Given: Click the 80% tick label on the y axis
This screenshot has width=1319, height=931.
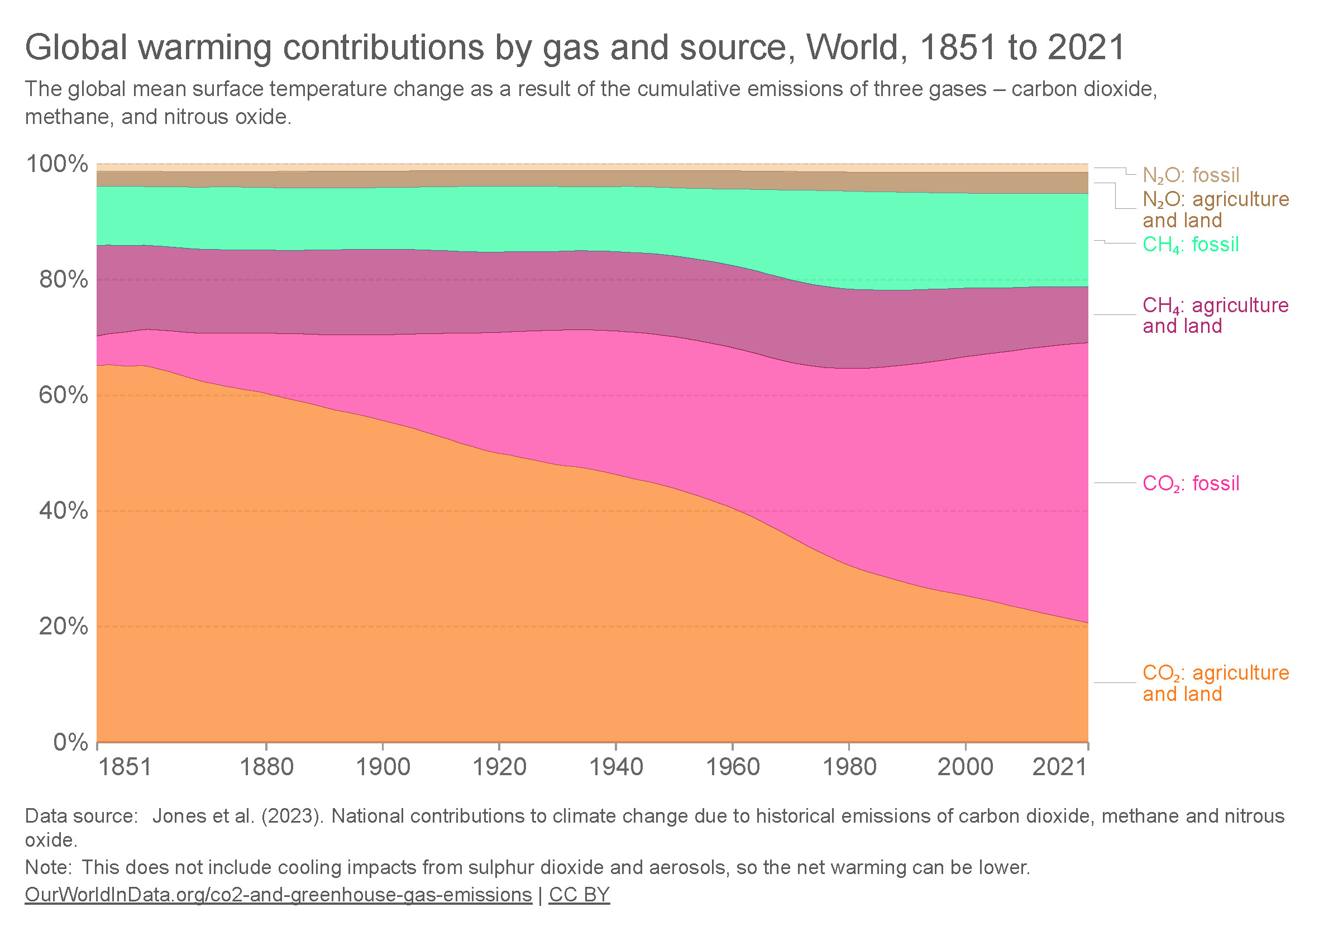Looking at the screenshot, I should coord(63,280).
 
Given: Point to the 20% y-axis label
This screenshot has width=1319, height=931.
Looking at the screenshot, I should coord(63,627).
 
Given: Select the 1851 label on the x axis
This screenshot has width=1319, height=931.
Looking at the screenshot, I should coord(125,767).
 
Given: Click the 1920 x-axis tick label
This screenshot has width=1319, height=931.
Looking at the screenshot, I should coord(499,767).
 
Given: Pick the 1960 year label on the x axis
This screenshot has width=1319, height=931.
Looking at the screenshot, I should coord(732,767).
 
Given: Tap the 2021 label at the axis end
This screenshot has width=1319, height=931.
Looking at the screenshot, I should coord(1059,767).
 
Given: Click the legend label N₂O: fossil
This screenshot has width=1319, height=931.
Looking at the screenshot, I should coord(1191,175).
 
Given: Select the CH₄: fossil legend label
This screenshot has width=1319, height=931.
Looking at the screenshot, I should coord(1191,245).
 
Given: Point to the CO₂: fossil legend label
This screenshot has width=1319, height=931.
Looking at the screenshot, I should coord(1191,483).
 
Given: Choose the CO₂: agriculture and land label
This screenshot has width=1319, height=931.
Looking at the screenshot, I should coord(1215,683).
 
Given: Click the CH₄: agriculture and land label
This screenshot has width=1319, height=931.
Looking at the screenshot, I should coord(1215,316).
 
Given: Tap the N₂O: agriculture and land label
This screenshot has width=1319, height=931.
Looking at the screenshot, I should coord(1215,210).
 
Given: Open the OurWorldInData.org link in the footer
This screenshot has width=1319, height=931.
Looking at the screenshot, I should coord(278,895).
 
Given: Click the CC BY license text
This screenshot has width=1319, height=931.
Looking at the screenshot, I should coord(579,895).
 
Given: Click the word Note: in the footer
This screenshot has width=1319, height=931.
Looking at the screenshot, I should coord(48,867).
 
